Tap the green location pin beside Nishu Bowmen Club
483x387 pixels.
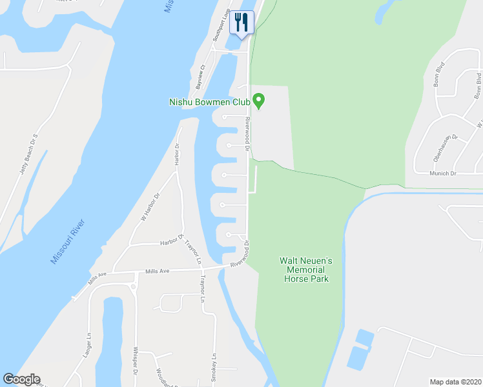[259, 101]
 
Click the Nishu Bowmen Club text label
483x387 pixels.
[209, 101]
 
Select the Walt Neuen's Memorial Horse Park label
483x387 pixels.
[305, 270]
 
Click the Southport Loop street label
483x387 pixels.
[221, 26]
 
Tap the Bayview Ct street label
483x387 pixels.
[201, 76]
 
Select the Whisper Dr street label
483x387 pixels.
[136, 361]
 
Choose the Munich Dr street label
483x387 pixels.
[443, 174]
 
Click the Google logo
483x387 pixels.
[21, 379]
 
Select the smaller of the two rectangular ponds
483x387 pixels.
[365, 337]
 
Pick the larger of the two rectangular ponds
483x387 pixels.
[357, 359]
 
